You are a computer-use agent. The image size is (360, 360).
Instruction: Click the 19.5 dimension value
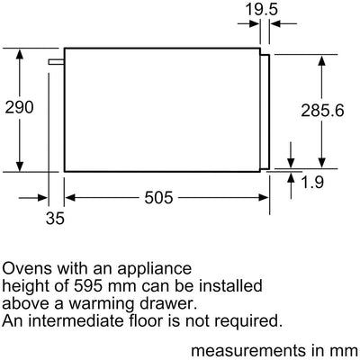pos(262,9)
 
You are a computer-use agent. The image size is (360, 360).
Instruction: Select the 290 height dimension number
pos(20,107)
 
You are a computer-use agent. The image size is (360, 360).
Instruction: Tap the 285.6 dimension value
pos(322,111)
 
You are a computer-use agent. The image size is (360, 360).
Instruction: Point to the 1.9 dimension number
pos(312,182)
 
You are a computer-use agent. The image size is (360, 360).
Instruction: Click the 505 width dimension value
pos(158,198)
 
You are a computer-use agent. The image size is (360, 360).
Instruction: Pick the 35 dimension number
pos(55,218)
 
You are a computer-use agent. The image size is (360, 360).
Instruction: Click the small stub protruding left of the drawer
pos(57,61)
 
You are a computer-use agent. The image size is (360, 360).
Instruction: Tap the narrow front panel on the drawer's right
pos(265,112)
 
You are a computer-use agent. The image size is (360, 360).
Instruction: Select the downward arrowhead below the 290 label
pos(20,166)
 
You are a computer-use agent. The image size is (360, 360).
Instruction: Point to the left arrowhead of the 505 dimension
pos(70,198)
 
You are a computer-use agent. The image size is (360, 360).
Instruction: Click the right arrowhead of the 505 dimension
pos(264,198)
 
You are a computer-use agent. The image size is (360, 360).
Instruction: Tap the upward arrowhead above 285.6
pos(321,60)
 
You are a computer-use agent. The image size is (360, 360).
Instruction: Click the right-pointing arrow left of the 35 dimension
pos(33,198)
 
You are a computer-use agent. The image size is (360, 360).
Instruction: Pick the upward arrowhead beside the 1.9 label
pos(291,178)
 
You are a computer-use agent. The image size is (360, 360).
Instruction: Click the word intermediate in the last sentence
pos(76,320)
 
